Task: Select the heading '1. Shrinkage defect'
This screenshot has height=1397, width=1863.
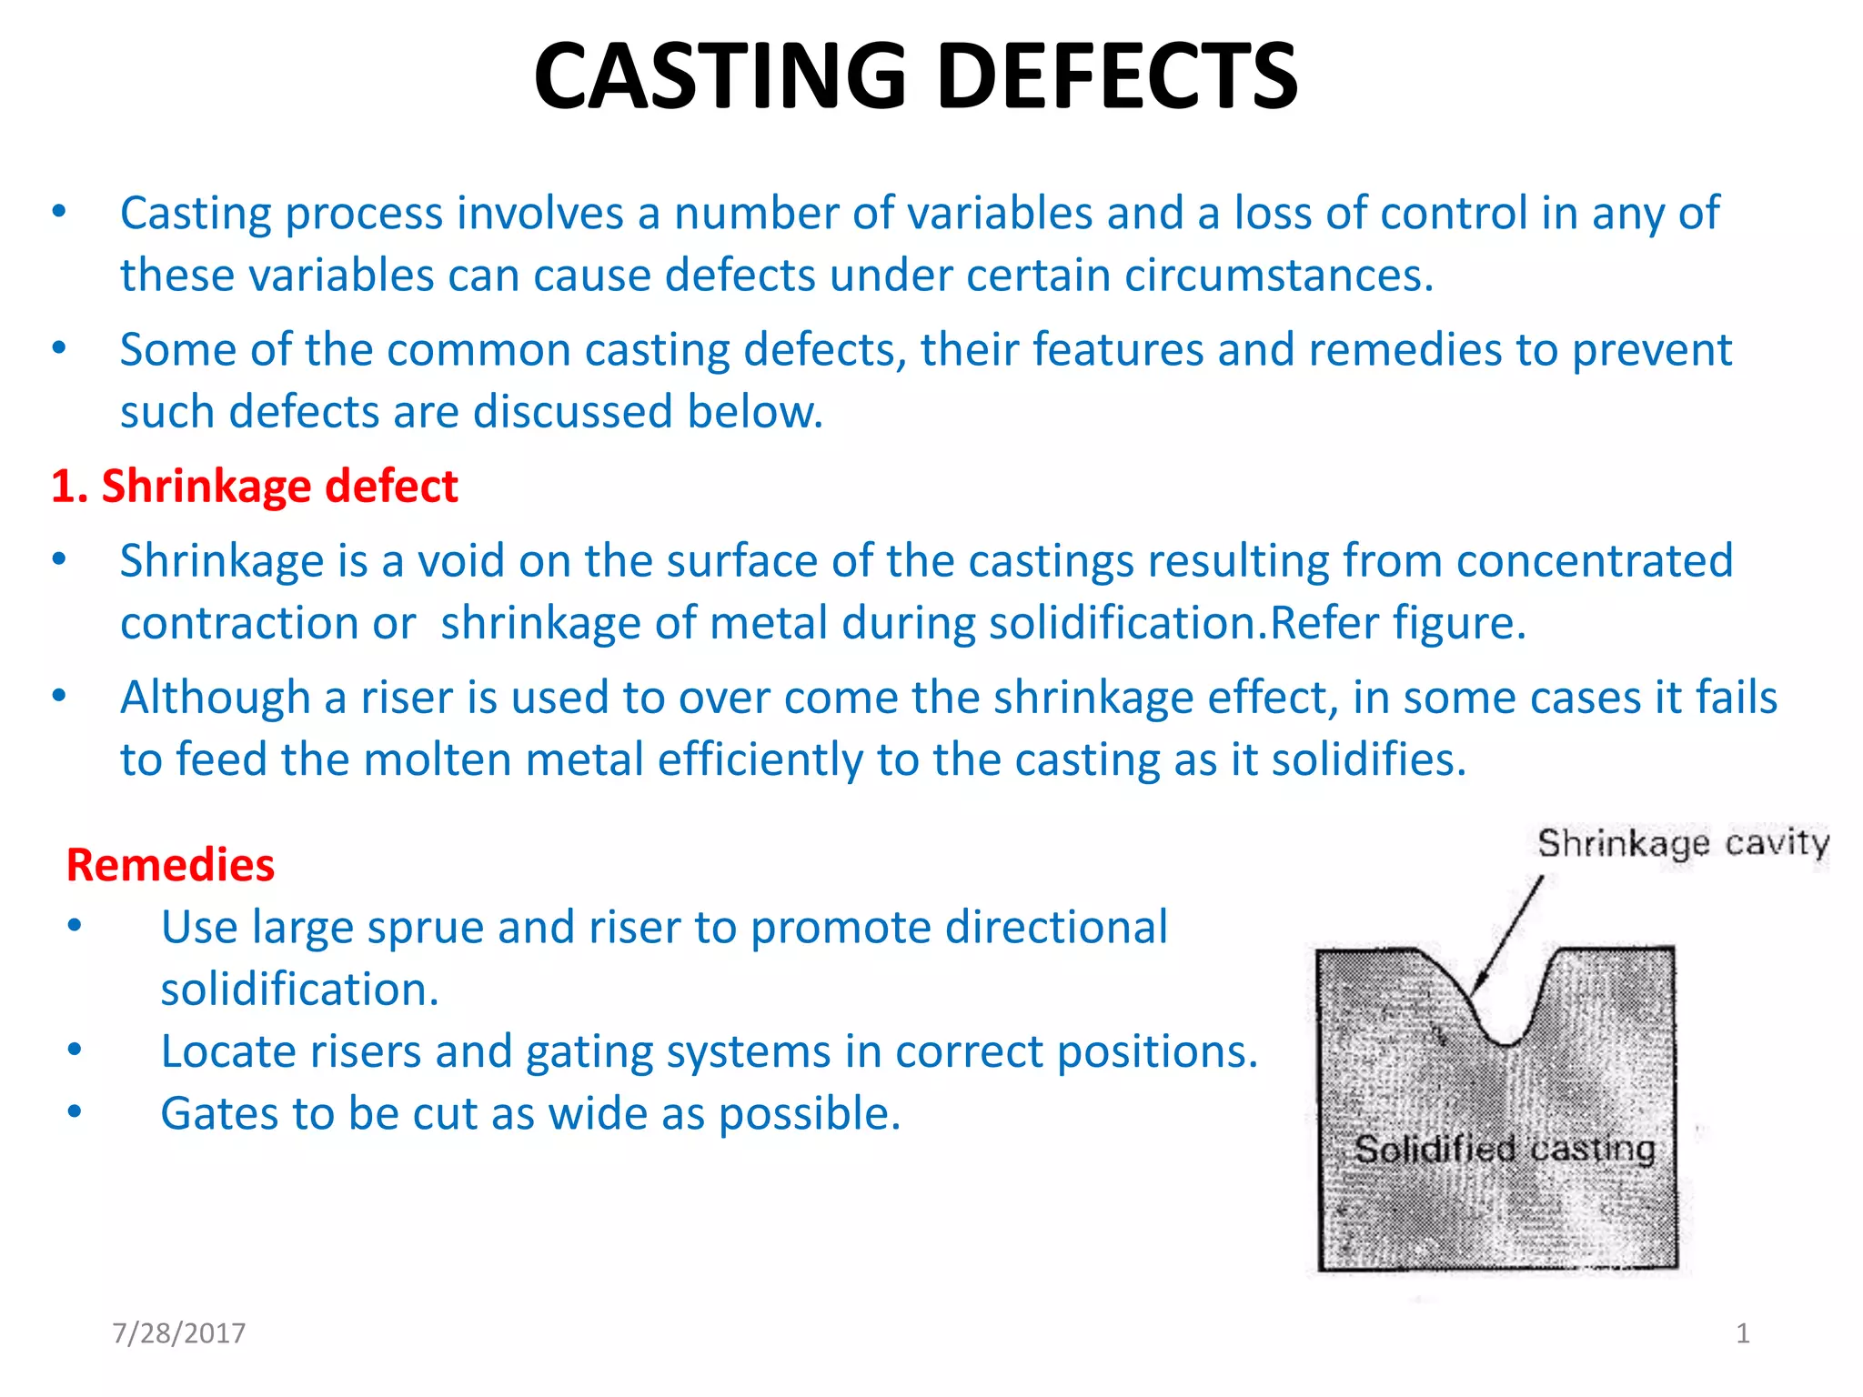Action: tap(254, 486)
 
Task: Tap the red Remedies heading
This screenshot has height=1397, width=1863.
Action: tap(170, 864)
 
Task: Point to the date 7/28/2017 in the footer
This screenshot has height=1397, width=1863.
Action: tap(178, 1333)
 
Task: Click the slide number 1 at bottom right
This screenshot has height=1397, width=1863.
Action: tap(1743, 1333)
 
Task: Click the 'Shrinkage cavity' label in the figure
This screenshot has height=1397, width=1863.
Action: tap(1683, 843)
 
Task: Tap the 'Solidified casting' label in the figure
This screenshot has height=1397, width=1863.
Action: tap(1505, 1150)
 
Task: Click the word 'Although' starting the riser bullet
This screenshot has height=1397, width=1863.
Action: tap(216, 698)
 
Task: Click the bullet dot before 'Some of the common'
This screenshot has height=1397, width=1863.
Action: tap(59, 348)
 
